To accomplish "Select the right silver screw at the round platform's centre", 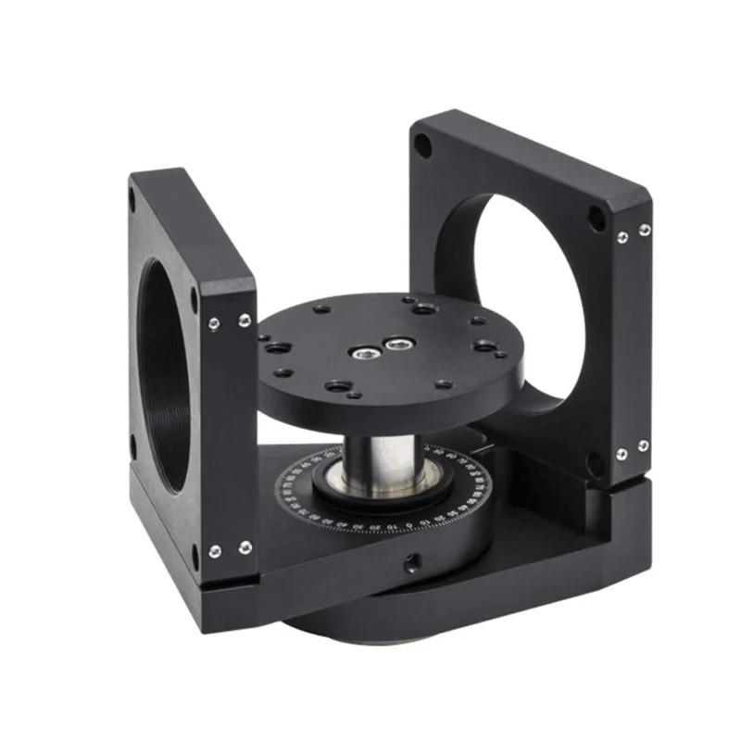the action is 398,345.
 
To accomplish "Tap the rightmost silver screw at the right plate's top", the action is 644,229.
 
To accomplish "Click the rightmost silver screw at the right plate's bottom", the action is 642,446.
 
